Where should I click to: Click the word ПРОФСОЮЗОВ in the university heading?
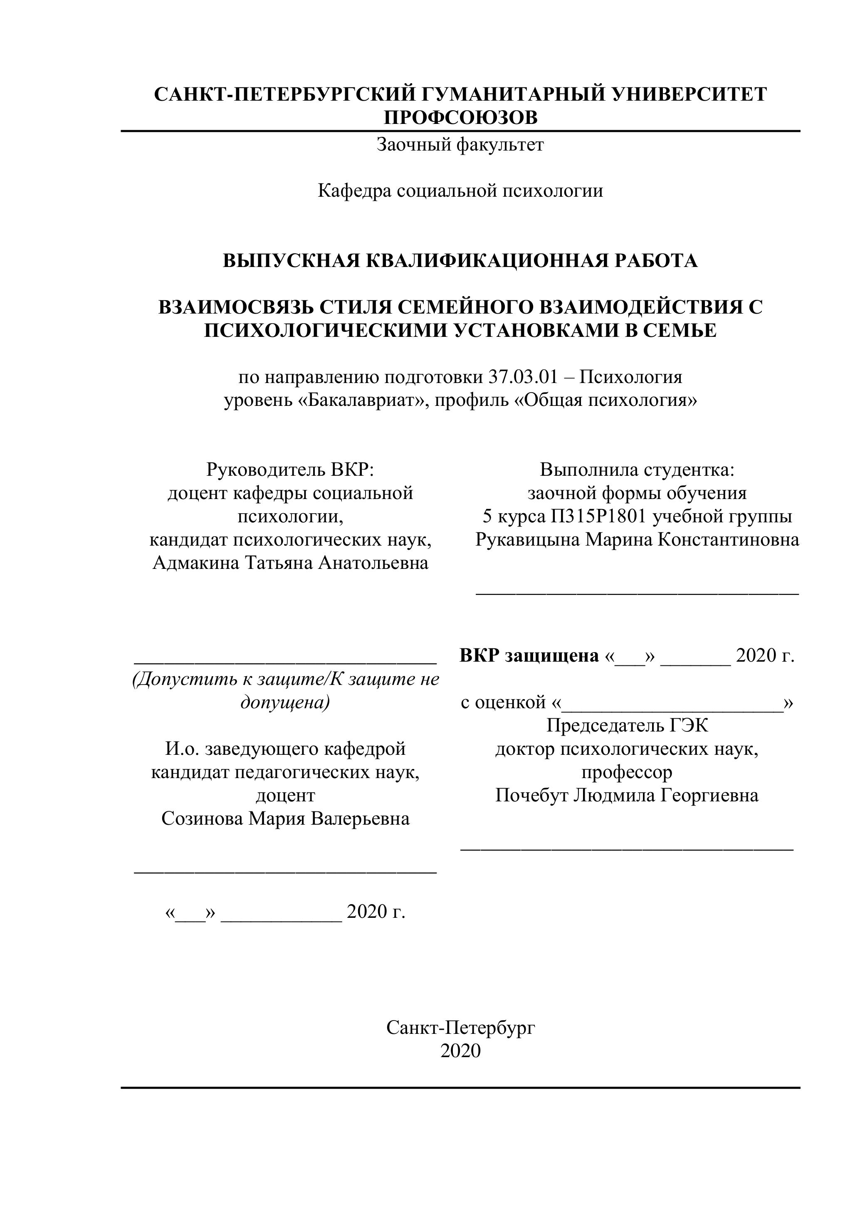point(460,118)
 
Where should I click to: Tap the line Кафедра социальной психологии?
point(460,190)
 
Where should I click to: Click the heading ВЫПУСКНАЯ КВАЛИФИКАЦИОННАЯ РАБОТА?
point(460,261)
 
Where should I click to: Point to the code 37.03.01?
point(523,377)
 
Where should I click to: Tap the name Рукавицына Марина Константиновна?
point(637,540)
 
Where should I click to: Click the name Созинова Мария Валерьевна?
point(285,819)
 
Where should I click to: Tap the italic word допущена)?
point(285,703)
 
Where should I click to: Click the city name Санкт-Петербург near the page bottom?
point(460,1028)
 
